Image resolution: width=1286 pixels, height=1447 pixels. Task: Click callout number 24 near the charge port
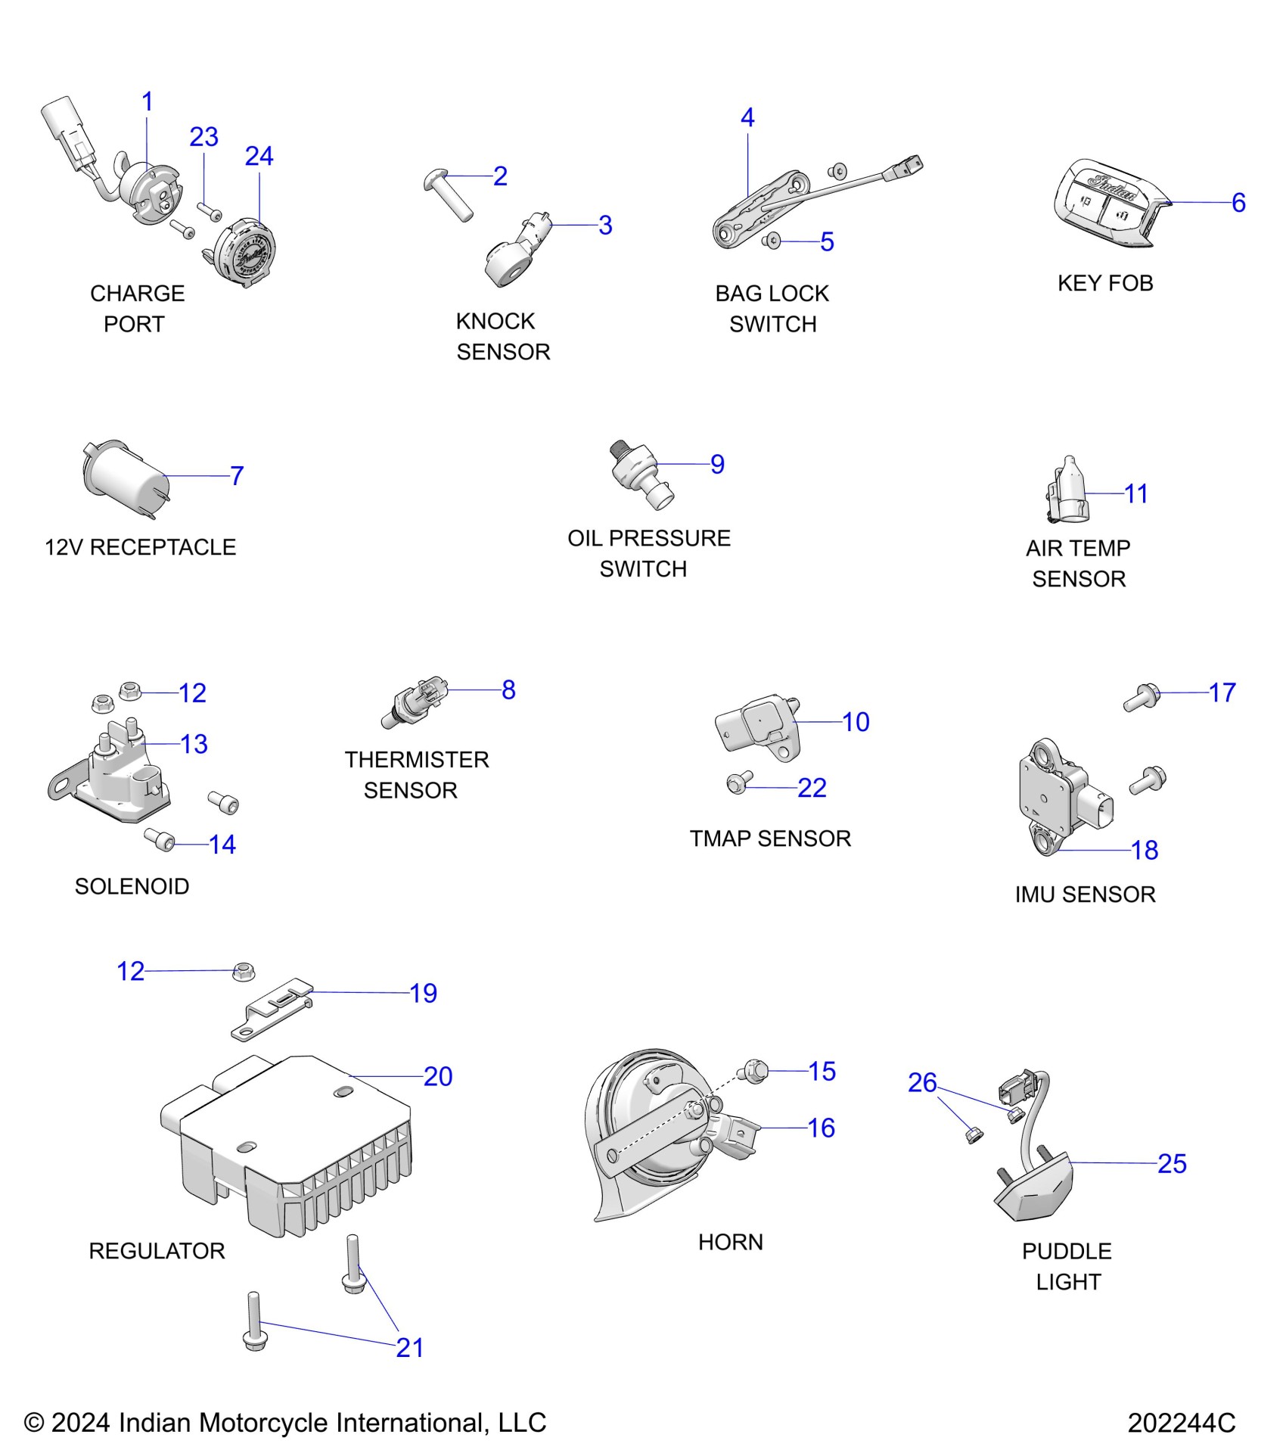tap(259, 157)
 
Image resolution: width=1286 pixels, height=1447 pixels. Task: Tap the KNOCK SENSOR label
tap(503, 337)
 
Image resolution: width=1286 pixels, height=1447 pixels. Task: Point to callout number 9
tap(717, 464)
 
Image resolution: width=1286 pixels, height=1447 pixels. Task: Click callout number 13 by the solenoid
tap(194, 744)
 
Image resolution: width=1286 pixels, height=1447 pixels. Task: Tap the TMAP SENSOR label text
tap(770, 839)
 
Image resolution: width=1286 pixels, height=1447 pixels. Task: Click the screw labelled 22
tap(738, 783)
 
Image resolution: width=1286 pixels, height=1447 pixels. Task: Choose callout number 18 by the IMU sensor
tap(1145, 851)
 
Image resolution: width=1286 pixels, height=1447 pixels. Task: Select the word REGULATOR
tap(157, 1251)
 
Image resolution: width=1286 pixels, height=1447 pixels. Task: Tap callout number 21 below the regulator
tap(409, 1348)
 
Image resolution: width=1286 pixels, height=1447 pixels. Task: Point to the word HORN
tap(730, 1242)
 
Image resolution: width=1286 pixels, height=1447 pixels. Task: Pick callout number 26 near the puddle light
tap(922, 1083)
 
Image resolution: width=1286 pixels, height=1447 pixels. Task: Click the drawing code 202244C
tap(1181, 1423)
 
